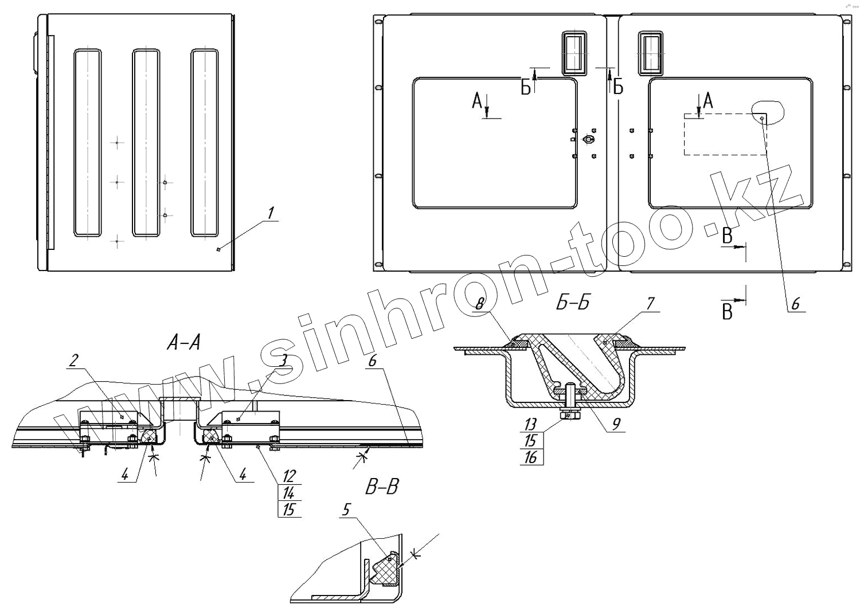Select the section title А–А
(183, 343)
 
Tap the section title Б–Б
(572, 303)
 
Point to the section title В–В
(382, 487)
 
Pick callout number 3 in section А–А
(283, 360)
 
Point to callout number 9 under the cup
(616, 424)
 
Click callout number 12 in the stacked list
(288, 476)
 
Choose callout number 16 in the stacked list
(530, 457)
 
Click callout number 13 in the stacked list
(530, 424)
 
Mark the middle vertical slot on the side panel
(146, 143)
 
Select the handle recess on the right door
(651, 53)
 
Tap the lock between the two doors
(587, 139)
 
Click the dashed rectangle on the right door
(725, 134)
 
